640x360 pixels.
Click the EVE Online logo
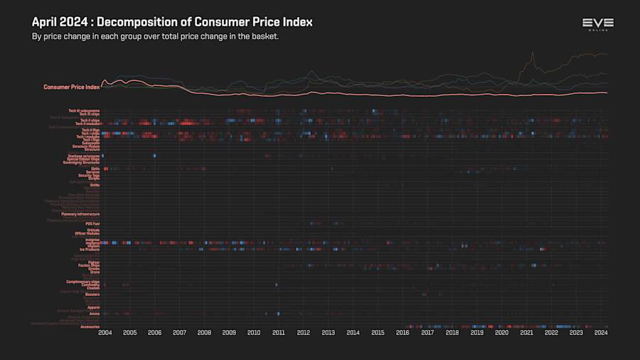[597, 24]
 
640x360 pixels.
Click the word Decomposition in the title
[142, 22]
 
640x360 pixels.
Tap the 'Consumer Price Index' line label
[71, 87]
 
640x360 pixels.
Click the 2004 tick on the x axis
[105, 332]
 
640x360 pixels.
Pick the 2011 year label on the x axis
[278, 332]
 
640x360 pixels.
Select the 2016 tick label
[402, 332]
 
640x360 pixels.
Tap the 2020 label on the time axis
[501, 332]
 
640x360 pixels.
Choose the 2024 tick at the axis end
[601, 332]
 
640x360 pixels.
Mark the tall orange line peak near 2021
[532, 53]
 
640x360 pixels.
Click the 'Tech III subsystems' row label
[84, 110]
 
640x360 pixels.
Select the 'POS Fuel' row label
[92, 223]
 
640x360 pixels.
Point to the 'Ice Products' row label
[89, 250]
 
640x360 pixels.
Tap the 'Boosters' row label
[92, 295]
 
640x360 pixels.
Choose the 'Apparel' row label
[93, 307]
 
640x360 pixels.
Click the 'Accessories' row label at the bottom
[90, 327]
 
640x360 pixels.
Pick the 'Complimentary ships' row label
[83, 282]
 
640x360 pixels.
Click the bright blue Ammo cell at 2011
[278, 314]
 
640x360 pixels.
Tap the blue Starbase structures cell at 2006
[154, 156]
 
